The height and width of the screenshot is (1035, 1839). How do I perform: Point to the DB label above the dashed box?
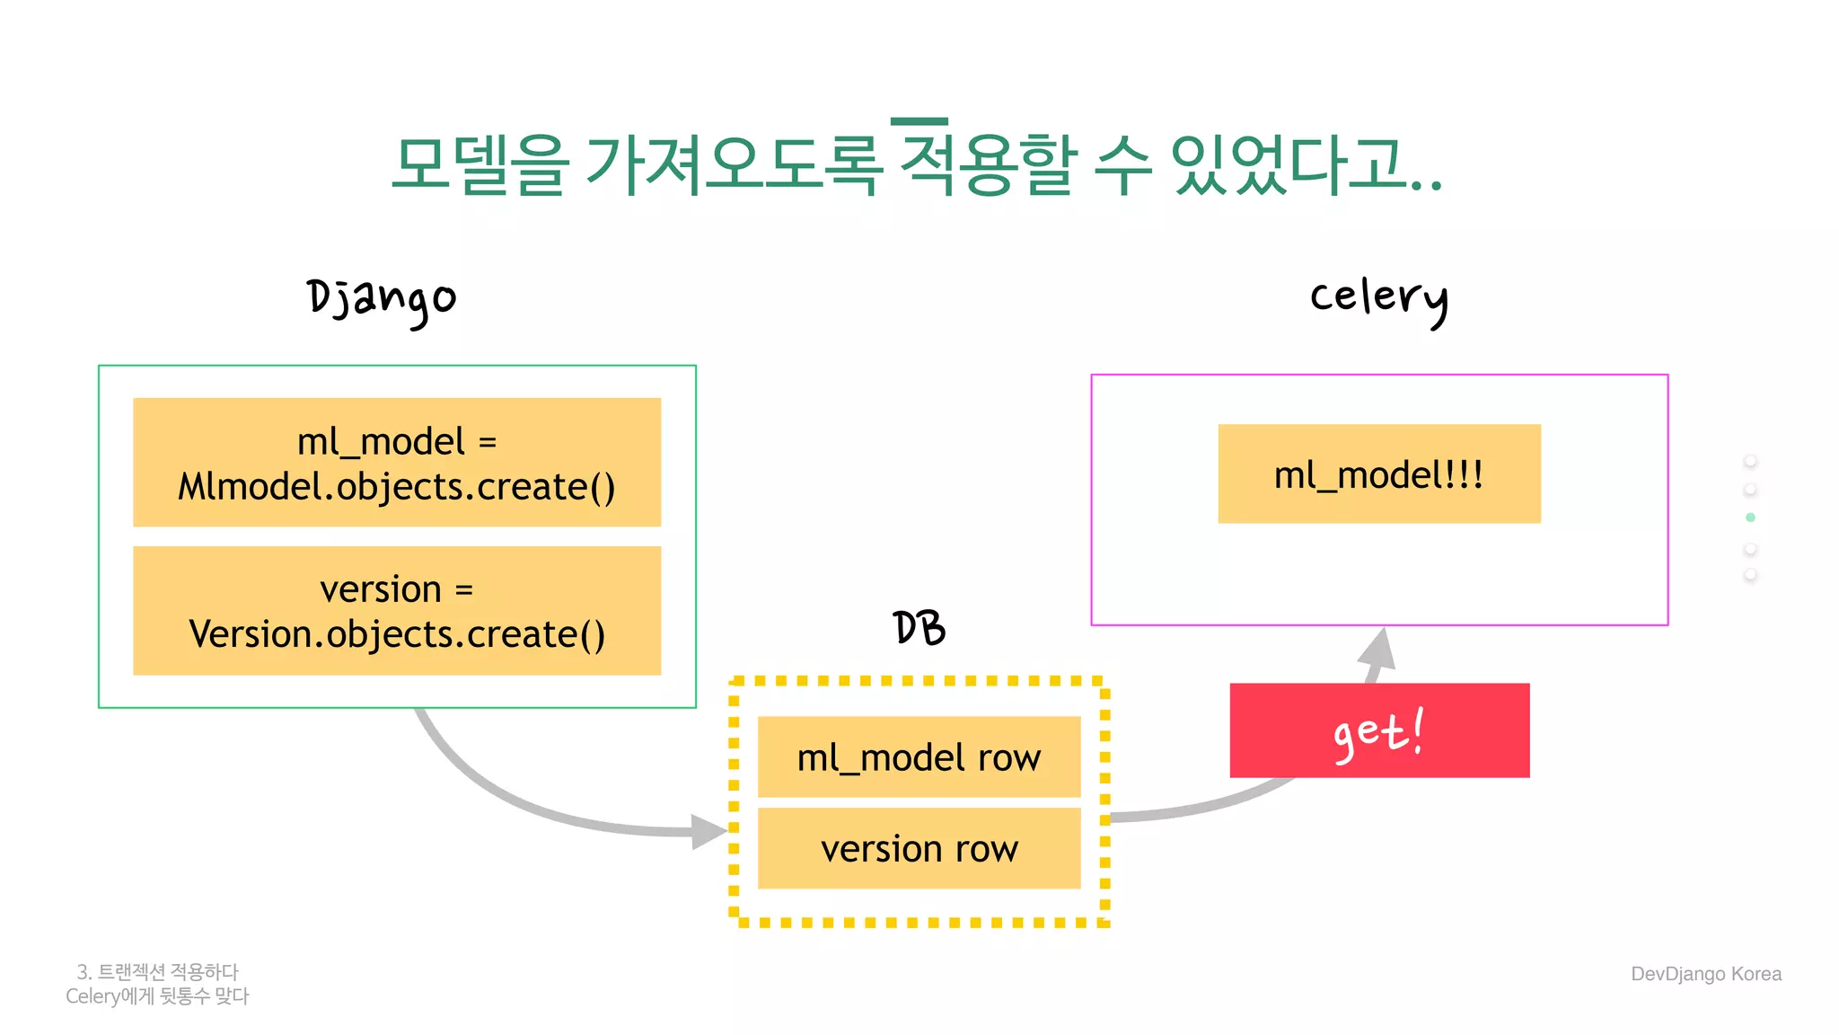919,628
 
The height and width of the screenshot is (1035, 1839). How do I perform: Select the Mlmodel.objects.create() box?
397,463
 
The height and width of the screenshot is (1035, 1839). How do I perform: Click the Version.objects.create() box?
397,611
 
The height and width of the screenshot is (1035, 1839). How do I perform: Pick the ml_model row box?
919,757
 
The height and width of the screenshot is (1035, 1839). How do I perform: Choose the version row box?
919,848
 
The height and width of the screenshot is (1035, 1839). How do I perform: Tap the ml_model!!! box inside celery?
1378,474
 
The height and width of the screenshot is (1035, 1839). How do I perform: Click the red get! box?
1378,730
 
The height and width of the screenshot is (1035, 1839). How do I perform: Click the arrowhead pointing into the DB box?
708,831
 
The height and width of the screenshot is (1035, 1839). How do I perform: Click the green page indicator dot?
1750,517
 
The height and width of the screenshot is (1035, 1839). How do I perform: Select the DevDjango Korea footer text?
1705,974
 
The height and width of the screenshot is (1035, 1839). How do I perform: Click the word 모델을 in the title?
480,165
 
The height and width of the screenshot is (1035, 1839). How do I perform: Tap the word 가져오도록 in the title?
733,165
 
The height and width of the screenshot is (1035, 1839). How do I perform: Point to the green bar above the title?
919,121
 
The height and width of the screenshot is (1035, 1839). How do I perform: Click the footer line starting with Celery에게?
157,996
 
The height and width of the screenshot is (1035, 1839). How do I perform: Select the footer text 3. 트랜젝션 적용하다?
158,972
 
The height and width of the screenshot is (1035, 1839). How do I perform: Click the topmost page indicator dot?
1750,461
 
